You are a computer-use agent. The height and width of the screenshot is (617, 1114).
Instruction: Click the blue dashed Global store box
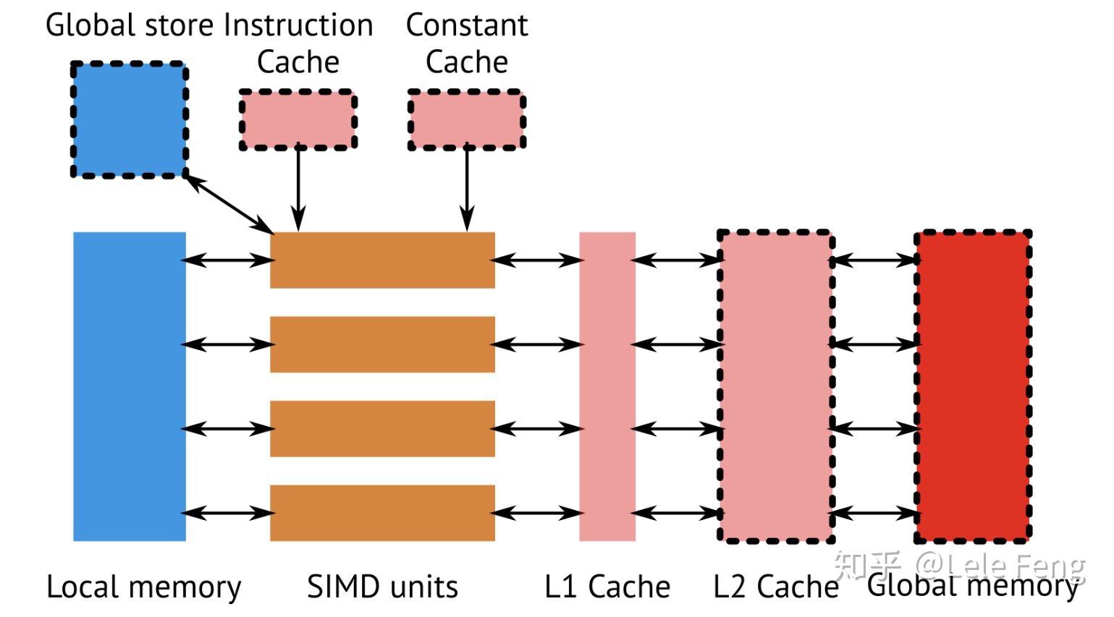(130, 120)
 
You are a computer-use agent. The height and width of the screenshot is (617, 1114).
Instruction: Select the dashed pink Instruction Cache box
(298, 120)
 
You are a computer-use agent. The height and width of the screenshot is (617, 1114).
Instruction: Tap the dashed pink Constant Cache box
(466, 120)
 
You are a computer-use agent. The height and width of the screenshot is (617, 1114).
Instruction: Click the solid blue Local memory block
(130, 386)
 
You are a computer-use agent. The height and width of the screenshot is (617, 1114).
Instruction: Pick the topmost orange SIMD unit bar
(382, 260)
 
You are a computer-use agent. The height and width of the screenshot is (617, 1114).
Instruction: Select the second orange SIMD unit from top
(382, 344)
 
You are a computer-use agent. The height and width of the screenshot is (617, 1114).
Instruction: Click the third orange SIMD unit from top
(382, 429)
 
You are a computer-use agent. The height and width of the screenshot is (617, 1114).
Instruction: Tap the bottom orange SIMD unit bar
(382, 513)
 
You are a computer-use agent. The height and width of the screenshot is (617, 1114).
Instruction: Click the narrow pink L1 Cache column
(607, 386)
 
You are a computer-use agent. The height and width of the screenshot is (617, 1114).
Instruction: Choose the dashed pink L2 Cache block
(775, 386)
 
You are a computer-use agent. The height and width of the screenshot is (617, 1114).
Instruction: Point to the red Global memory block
(973, 386)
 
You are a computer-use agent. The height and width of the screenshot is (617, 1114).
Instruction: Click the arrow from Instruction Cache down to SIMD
(298, 188)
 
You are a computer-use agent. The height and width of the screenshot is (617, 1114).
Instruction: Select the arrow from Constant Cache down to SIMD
(467, 188)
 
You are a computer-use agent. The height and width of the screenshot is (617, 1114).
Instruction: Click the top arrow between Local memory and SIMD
(228, 260)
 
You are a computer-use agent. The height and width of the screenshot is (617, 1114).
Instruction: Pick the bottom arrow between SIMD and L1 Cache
(537, 513)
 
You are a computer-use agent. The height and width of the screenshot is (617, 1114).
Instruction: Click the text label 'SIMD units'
(382, 587)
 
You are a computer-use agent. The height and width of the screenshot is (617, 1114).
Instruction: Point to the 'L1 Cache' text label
(607, 587)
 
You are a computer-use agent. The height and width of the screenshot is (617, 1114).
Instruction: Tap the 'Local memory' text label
(143, 587)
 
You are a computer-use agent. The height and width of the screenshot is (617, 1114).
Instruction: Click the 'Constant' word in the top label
(467, 25)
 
